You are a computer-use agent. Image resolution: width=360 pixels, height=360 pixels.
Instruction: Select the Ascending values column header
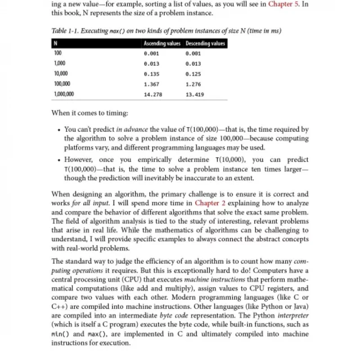pyautogui.click(x=162, y=44)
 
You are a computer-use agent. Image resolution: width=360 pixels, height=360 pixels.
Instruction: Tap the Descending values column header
pyautogui.click(x=205, y=44)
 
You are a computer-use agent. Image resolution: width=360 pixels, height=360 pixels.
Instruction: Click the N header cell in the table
pyautogui.click(x=55, y=44)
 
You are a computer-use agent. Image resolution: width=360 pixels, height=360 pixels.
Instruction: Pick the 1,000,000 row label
pyautogui.click(x=64, y=94)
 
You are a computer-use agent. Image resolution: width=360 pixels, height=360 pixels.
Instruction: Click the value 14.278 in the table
pyautogui.click(x=153, y=95)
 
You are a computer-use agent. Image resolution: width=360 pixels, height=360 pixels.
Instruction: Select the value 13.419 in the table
pyautogui.click(x=195, y=95)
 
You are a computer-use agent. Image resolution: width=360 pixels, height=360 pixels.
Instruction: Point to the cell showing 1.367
pyautogui.click(x=151, y=84)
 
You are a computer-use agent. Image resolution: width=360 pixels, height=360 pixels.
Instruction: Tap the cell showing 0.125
pyautogui.click(x=193, y=74)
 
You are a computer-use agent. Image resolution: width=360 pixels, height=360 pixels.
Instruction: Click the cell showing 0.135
pyautogui.click(x=151, y=74)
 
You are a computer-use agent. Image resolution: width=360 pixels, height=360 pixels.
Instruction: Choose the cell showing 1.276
pyautogui.click(x=193, y=84)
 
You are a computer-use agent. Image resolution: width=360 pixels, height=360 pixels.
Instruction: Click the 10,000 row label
pyautogui.click(x=61, y=74)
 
